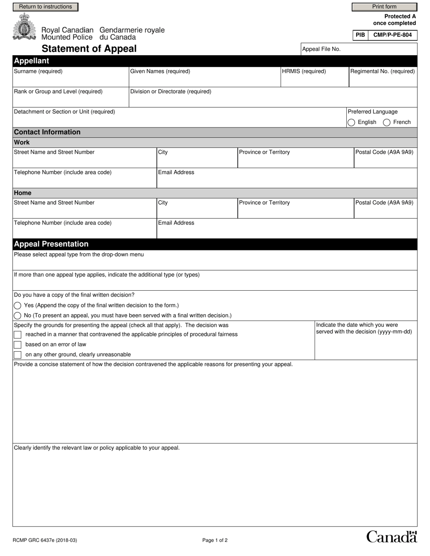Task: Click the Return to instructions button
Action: tap(45, 7)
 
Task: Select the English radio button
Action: tap(351, 122)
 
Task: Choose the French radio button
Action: tap(387, 122)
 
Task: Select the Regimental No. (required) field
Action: tap(383, 80)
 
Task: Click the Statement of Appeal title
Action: tap(89, 49)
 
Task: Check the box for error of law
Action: tap(18, 344)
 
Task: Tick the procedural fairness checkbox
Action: tap(18, 335)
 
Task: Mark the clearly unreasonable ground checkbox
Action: tap(18, 355)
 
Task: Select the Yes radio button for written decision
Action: tap(18, 306)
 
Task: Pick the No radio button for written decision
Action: tap(18, 316)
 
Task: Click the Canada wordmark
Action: tap(391, 537)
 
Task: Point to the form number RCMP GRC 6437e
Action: tap(42, 540)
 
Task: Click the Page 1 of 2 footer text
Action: tap(215, 540)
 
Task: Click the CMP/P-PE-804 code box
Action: tap(392, 35)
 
